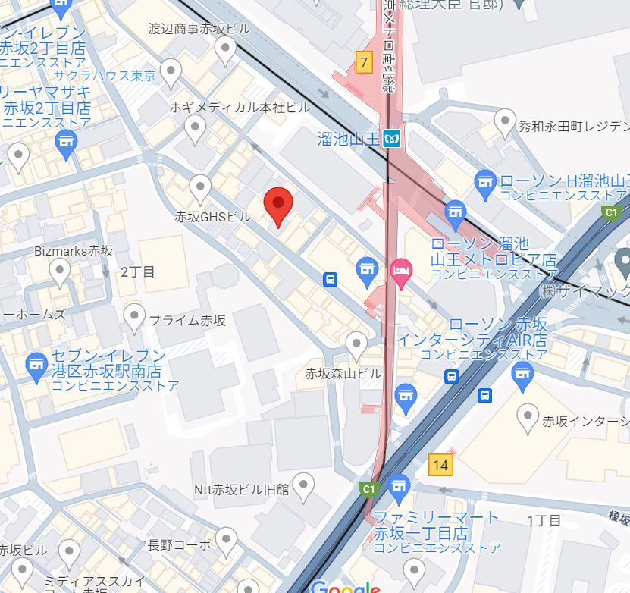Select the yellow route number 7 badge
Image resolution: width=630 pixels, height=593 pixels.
(365, 62)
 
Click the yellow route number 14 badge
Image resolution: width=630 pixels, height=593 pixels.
(440, 464)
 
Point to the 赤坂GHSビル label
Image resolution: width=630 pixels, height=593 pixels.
(212, 217)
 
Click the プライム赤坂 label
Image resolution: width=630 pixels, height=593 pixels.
(187, 320)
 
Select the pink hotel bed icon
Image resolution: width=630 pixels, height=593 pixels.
(400, 268)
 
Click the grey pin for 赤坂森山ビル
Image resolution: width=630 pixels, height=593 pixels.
(356, 346)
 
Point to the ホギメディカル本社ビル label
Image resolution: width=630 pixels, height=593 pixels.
(240, 108)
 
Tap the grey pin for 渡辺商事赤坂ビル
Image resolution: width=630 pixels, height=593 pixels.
(225, 51)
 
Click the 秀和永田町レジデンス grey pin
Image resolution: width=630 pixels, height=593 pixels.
(505, 121)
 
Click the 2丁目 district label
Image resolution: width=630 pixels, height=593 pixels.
(137, 271)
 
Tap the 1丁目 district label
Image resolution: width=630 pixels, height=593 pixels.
(544, 520)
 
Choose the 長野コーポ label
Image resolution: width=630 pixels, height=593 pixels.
(179, 544)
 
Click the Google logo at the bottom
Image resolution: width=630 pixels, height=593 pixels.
(345, 586)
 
